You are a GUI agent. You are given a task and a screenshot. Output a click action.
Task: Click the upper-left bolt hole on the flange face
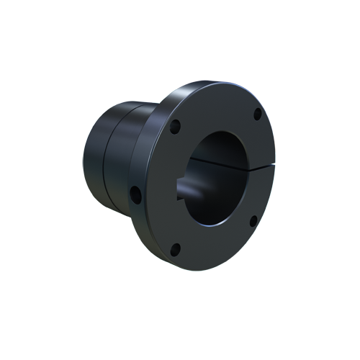[x=175, y=127]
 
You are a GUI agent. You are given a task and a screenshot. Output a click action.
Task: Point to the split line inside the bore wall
[x=216, y=163]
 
